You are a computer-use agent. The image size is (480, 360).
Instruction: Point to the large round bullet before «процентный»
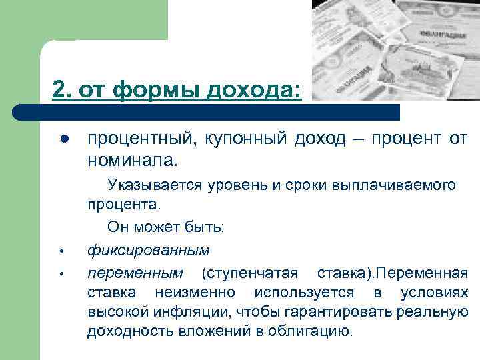tap(64, 139)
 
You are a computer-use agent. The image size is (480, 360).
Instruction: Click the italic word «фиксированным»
tap(148, 251)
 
